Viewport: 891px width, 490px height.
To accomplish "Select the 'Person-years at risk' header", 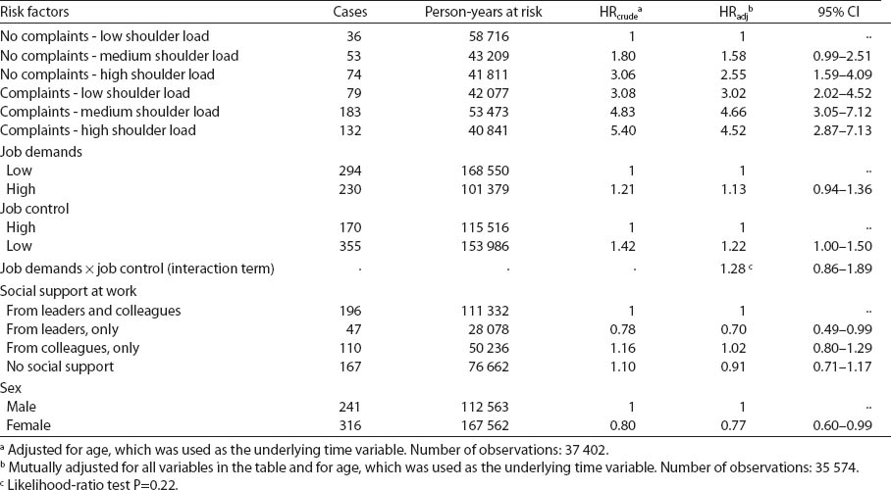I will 483,13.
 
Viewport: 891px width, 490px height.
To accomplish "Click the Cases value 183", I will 351,112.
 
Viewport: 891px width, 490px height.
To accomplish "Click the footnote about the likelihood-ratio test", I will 74,480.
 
